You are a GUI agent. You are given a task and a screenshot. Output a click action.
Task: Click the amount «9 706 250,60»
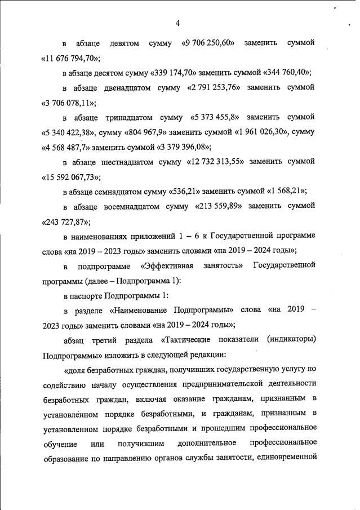point(208,43)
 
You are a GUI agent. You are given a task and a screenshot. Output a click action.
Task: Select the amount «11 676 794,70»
point(71,58)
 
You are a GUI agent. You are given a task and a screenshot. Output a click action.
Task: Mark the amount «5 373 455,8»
point(212,118)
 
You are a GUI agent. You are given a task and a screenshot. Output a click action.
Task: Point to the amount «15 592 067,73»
point(71,177)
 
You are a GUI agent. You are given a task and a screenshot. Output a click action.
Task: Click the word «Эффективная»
point(167,265)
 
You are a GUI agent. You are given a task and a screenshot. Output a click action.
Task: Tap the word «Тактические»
point(188,340)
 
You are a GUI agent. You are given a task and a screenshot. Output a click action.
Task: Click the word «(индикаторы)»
point(288,340)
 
